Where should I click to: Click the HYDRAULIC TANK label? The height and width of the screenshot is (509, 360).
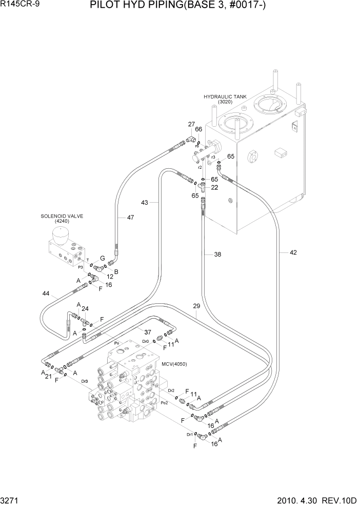(225, 96)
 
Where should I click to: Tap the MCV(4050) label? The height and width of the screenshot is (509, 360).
(174, 364)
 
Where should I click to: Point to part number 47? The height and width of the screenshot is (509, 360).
(130, 218)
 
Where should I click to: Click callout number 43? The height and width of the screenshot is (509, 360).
(145, 203)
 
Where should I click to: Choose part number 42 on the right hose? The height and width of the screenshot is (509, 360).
(293, 252)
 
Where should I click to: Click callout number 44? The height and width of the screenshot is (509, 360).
(46, 293)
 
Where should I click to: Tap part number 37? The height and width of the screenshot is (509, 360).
(148, 332)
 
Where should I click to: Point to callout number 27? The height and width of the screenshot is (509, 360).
(191, 124)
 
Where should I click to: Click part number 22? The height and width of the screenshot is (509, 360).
(214, 188)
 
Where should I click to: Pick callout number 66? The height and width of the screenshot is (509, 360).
(198, 129)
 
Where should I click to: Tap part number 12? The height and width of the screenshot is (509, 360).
(109, 277)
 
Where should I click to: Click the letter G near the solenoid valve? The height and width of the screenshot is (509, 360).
(102, 258)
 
